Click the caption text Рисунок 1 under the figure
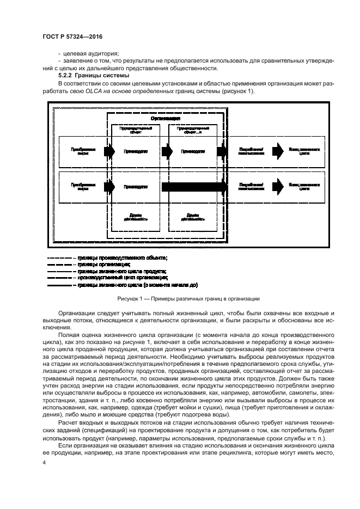[x=180, y=298]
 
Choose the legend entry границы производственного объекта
[x=122, y=257]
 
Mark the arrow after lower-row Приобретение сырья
[x=109, y=187]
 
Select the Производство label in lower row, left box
[x=136, y=187]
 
